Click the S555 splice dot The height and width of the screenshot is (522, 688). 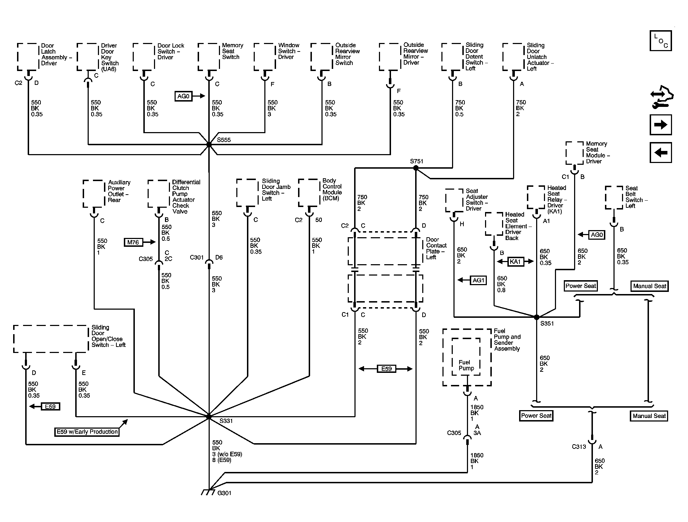tap(209, 145)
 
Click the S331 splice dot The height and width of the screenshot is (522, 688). tap(209, 416)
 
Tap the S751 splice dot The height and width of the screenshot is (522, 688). tap(416, 168)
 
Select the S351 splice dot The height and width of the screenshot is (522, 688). tap(536, 317)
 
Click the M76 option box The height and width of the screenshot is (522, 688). tap(133, 242)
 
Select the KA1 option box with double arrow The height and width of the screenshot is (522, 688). tap(515, 262)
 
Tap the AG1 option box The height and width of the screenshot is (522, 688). tap(478, 280)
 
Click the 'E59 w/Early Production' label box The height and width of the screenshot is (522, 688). tap(87, 432)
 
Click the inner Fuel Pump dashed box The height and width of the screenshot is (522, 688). tap(466, 356)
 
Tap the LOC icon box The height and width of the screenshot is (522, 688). tap(661, 41)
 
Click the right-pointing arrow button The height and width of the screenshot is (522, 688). tap(661, 125)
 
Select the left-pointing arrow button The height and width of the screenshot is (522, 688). tap(661, 152)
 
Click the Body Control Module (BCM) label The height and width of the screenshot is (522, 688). tap(332, 190)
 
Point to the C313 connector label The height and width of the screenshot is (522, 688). tap(579, 447)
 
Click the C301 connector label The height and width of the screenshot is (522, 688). tap(197, 257)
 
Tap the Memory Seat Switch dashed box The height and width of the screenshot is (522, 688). tap(209, 57)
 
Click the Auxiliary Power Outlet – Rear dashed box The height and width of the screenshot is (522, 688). tap(94, 194)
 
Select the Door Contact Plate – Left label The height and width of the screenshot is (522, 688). tap(436, 248)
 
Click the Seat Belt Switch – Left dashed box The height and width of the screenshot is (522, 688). tap(614, 198)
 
